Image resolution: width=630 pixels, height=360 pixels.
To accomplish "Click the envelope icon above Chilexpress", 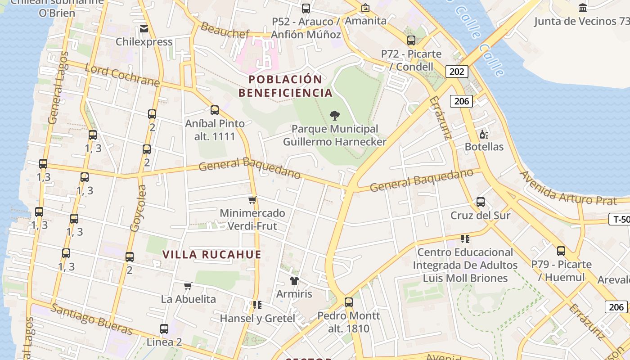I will point(144,29).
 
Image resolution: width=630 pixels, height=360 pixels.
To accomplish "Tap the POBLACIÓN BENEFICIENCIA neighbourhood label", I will point(285,86).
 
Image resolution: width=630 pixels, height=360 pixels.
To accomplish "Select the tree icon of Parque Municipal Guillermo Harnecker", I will point(334,116).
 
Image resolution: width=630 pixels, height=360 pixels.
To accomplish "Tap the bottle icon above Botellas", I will point(484,134).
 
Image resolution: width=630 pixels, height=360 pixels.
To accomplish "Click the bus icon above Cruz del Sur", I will point(481,202).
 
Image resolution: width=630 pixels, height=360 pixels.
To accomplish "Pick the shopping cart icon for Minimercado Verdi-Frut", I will point(252,200).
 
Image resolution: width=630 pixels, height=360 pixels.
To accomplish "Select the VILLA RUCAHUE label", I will point(212,254).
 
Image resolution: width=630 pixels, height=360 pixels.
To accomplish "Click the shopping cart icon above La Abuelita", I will point(188,286).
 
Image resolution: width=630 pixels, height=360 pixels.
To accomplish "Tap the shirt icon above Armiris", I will point(294,281).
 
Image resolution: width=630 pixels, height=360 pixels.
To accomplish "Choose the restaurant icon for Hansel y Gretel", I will point(257,305).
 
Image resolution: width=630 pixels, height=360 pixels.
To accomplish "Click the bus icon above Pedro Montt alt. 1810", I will point(348,302).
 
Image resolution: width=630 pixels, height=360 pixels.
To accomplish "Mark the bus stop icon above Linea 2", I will point(164,329).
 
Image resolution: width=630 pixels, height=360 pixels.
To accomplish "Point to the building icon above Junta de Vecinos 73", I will point(583,8).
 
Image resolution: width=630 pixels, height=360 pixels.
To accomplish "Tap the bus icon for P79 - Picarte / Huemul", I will point(561,251).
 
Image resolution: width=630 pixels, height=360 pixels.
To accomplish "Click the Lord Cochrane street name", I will point(122,76).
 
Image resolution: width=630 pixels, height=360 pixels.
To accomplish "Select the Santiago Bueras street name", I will point(92,319).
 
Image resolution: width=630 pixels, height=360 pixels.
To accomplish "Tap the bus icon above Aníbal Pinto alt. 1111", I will point(215,110).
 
